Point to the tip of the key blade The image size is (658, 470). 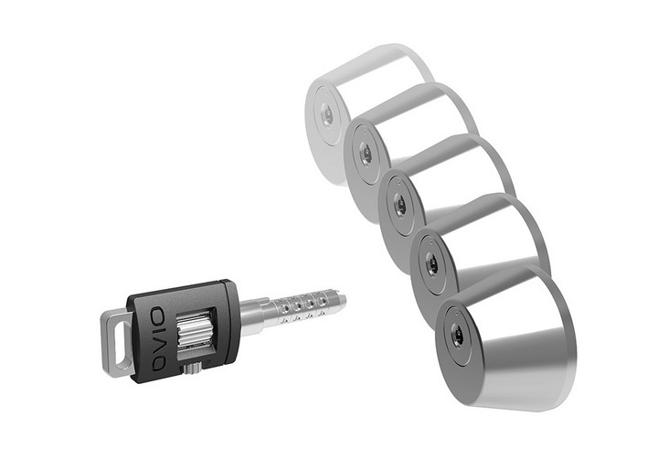tap(343, 298)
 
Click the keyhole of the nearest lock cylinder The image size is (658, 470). tap(457, 336)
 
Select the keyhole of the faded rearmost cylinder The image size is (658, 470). tap(326, 115)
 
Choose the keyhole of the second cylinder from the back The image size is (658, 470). tap(366, 155)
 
